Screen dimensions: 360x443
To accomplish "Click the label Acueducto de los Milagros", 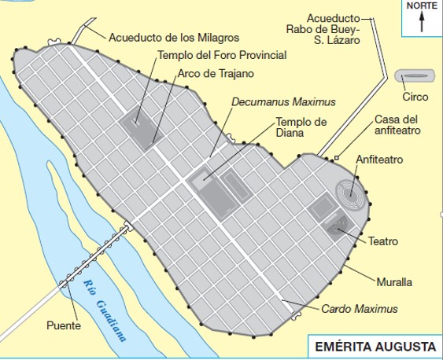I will (x=173, y=36).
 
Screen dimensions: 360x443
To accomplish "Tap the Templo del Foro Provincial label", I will (x=222, y=55).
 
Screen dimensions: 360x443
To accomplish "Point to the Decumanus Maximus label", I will (x=283, y=102).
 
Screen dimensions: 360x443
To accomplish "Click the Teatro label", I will (x=384, y=241).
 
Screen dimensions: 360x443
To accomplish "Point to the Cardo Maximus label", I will (x=359, y=309).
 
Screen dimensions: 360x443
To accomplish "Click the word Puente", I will (x=63, y=325).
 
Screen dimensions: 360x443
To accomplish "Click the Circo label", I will (x=415, y=97).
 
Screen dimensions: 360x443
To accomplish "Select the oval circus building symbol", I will (x=415, y=76).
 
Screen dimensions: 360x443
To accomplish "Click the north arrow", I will (x=422, y=22).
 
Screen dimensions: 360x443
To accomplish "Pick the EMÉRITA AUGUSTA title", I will (x=374, y=346).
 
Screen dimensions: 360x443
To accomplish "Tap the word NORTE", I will (x=422, y=6).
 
